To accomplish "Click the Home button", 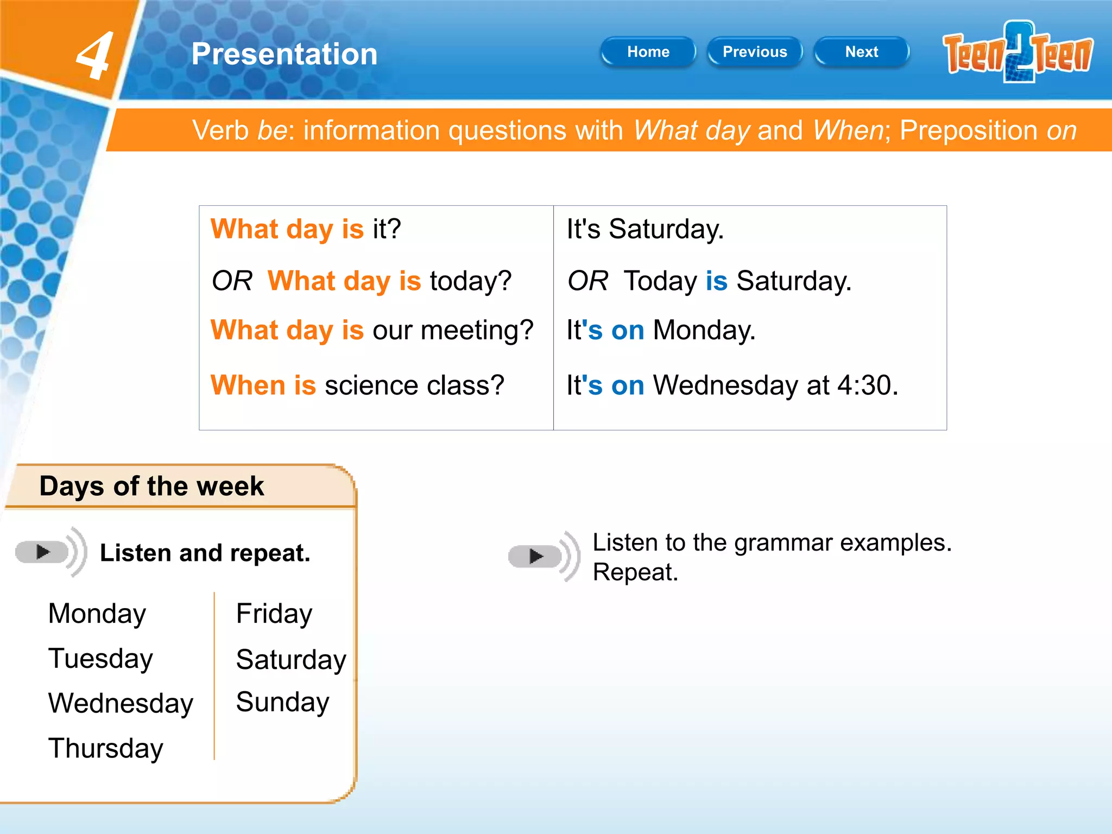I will tap(648, 52).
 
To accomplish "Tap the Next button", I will tap(861, 52).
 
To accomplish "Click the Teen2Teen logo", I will tap(1018, 53).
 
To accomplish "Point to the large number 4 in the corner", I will tap(95, 56).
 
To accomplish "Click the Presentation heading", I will tap(284, 54).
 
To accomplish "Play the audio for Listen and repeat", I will tap(43, 552).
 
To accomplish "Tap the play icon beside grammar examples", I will tap(536, 556).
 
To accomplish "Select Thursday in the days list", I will tap(105, 748).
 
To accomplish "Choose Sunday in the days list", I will tap(282, 702).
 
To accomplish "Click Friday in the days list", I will tap(274, 614).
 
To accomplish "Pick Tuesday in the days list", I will tap(100, 659).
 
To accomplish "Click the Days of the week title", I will tap(151, 486).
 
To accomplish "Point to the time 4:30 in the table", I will tap(867, 386).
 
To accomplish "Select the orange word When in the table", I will tap(248, 386).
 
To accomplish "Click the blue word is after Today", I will tap(716, 281).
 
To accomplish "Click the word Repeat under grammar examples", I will tap(635, 572).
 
